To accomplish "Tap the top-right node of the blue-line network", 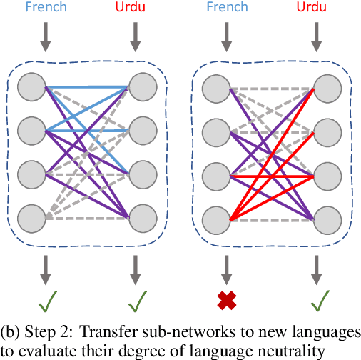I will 141,89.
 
